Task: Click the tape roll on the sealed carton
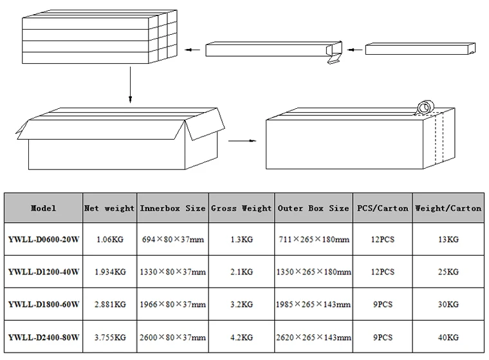[x=426, y=107]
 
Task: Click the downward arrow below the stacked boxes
[x=130, y=84]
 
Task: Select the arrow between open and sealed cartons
[x=242, y=141]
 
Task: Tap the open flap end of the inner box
[x=335, y=52]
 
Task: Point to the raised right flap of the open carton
[x=205, y=124]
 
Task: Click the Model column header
[x=43, y=208]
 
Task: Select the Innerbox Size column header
[x=172, y=208]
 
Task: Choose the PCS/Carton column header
[x=383, y=208]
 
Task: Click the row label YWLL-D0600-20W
[x=44, y=240]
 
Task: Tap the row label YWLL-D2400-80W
[x=44, y=337]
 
